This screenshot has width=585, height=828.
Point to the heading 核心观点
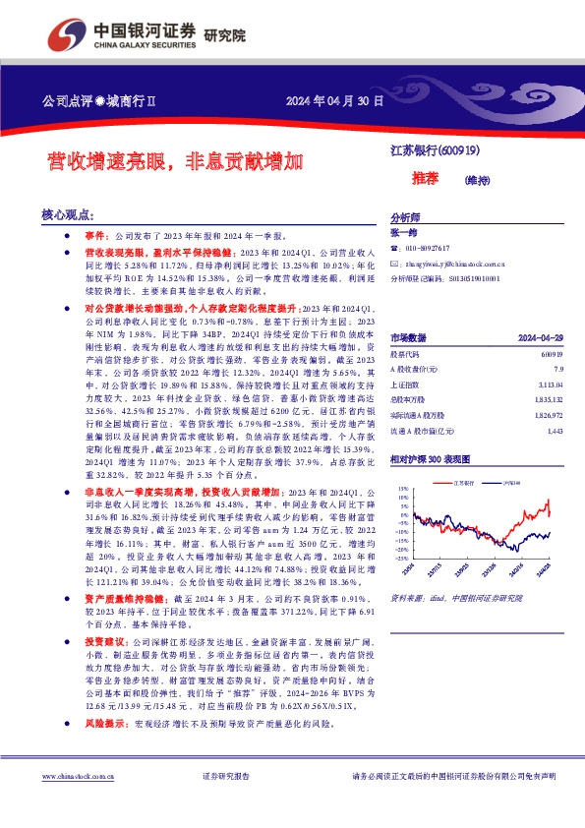[x=67, y=213]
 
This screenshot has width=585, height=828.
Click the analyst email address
[x=453, y=265]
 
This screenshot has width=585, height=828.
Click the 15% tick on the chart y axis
[x=401, y=487]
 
